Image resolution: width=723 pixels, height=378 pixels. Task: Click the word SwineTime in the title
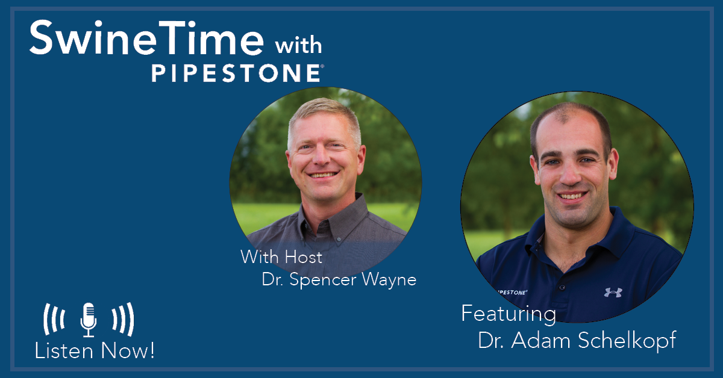147,38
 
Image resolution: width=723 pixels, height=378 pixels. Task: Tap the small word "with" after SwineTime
299,45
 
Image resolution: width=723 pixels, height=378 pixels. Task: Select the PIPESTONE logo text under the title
236,73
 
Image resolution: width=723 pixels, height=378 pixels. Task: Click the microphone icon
89,320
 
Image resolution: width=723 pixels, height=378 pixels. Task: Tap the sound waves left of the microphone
54,319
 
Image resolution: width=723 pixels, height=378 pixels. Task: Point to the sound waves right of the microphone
123,319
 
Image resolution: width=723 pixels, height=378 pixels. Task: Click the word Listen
64,351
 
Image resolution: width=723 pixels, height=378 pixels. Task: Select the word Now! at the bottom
128,351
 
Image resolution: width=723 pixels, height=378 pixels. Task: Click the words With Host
281,257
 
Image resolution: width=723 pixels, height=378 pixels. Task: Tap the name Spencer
323,280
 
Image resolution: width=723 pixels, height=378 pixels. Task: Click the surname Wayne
389,280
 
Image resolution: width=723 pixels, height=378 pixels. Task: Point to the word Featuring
509,314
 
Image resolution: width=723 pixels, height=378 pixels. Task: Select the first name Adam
540,340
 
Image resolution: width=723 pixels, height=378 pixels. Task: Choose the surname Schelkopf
627,341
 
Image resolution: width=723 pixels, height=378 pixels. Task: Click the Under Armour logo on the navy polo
613,292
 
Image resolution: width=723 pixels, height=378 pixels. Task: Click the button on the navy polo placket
562,287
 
